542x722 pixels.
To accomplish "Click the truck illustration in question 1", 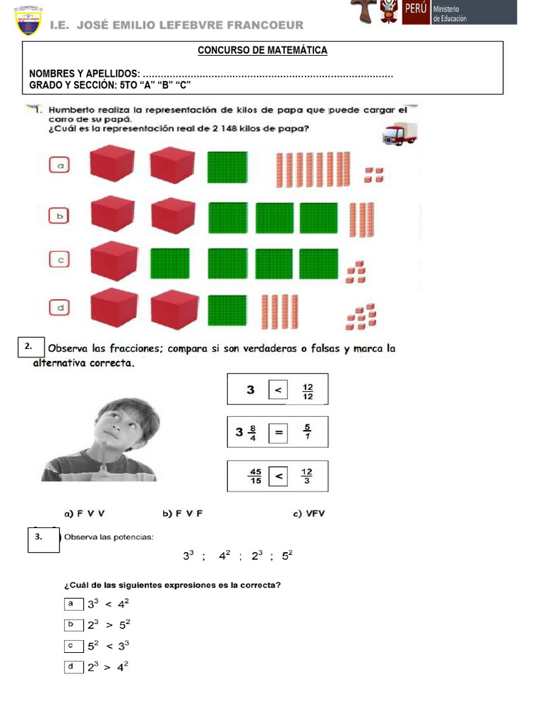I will [399, 133].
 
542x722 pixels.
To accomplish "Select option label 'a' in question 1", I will [61, 166].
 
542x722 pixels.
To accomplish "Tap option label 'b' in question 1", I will [61, 214].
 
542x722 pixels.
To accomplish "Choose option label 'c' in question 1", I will [61, 260].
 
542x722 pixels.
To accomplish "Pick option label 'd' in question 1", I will [61, 307].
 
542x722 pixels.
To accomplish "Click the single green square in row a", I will [227, 168].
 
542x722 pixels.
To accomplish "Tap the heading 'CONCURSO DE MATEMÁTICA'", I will [263, 51].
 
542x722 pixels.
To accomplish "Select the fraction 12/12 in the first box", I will [308, 391].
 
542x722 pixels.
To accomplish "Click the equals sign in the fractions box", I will [279, 434].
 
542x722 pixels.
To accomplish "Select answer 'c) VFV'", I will [309, 514].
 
